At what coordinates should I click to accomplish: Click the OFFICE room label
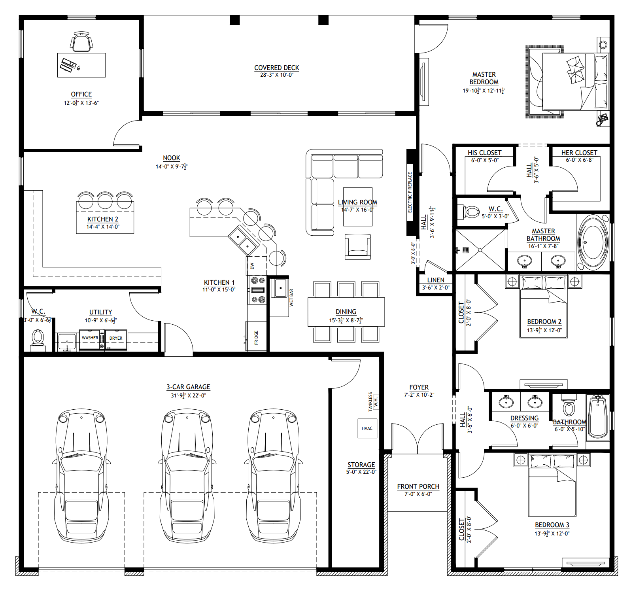coord(81,94)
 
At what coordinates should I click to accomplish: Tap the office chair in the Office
coord(82,42)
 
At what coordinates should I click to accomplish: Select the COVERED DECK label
coord(276,68)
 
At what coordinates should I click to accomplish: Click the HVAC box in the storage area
coord(367,428)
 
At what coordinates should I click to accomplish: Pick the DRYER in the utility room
coord(116,339)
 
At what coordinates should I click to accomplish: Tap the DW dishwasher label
coord(252,266)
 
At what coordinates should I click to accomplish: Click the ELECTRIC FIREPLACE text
coord(410,193)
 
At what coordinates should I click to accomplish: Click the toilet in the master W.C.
coord(469,212)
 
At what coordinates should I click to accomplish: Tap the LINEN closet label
coord(435,280)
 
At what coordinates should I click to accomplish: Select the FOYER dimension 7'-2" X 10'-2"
coord(419,395)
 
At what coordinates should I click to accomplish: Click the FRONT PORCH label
coord(418,486)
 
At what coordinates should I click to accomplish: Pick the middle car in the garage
coord(187,475)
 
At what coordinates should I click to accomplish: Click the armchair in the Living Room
coord(358,247)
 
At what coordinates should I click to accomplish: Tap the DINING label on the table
coord(346,312)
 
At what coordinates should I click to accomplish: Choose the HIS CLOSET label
coord(484,153)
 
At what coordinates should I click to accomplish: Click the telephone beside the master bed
coord(602,119)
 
